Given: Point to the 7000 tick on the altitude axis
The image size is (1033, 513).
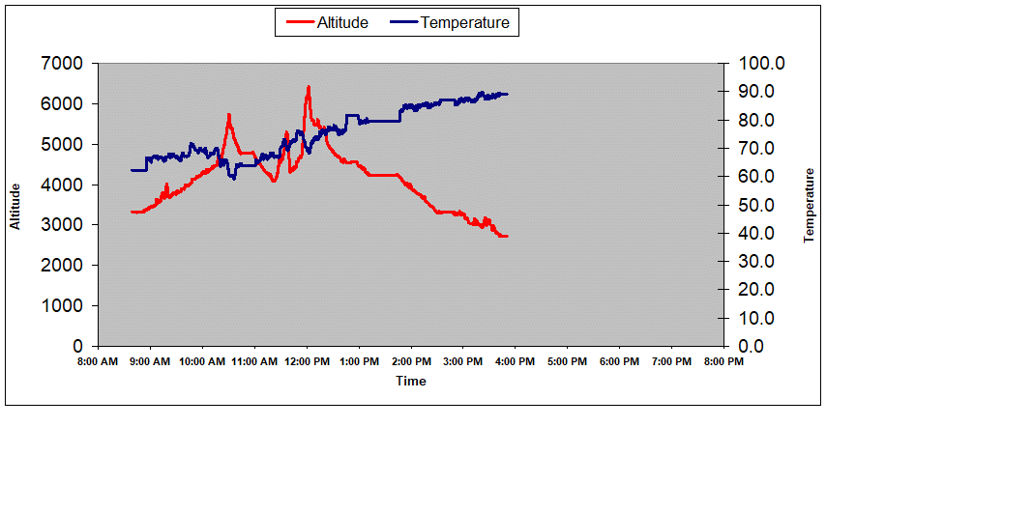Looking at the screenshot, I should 64,64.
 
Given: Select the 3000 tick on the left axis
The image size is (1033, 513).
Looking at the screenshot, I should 64,225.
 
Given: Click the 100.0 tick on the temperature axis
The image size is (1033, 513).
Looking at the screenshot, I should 762,64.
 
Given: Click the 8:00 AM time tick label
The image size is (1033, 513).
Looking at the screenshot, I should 98,362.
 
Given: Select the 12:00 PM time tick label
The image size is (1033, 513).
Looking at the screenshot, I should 307,362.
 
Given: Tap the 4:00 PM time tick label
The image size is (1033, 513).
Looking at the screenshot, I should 515,362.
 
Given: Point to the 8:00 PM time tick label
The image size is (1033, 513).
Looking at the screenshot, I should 723,362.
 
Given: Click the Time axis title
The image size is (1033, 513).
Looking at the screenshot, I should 410,381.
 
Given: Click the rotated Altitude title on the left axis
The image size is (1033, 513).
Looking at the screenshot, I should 15,205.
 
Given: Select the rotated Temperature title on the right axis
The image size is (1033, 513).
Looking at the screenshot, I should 810,205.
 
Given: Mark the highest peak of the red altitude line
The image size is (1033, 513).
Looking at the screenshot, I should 309,87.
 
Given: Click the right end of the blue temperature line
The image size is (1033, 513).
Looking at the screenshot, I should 508,94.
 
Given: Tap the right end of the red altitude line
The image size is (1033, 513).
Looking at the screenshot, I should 507,236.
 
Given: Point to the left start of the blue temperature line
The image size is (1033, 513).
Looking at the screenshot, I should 132,170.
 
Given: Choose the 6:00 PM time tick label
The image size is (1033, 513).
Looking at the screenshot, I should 619,362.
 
